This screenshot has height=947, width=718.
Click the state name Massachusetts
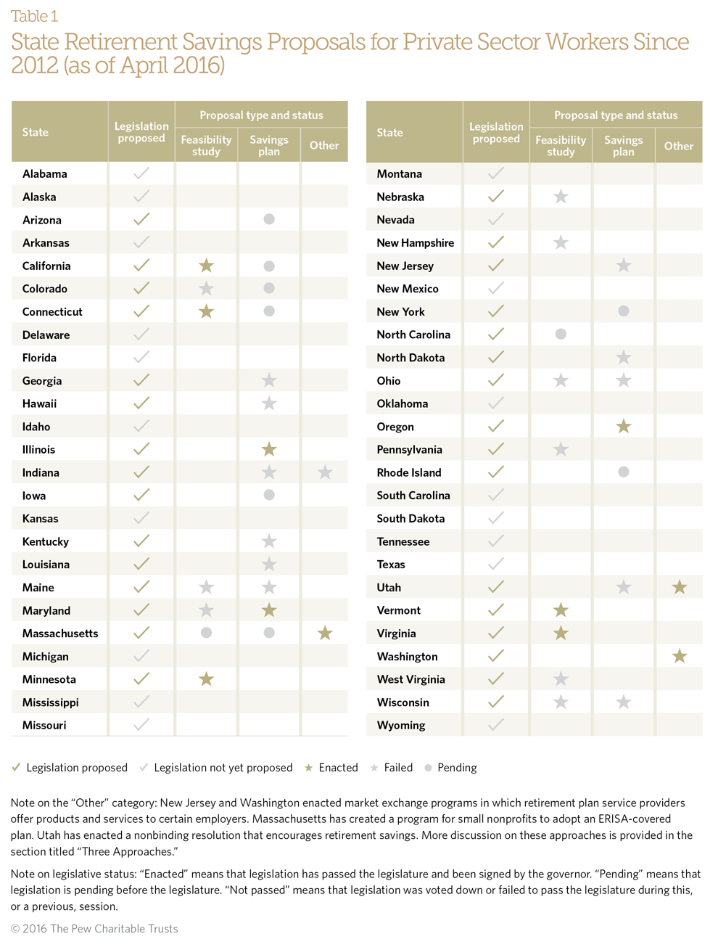[x=60, y=634]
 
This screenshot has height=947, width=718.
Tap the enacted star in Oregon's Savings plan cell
[x=624, y=427]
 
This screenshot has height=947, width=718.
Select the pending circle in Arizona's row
[x=269, y=219]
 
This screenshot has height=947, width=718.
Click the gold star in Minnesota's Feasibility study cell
[x=207, y=679]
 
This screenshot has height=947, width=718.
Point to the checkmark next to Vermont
[x=496, y=610]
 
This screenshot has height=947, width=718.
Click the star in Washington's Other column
[x=680, y=657]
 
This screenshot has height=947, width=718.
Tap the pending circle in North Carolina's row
[x=561, y=335]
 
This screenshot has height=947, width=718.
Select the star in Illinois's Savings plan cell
[x=269, y=449]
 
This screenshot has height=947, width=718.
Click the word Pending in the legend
[x=457, y=768]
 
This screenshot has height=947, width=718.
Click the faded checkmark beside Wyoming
[x=496, y=725]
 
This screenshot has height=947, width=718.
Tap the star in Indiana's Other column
[x=325, y=472]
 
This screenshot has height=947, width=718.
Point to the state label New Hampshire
[x=416, y=243]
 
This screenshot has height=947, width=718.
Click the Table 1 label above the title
[x=34, y=16]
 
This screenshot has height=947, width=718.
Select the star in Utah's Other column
[x=680, y=587]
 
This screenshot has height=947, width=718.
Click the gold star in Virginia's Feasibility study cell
[x=561, y=634]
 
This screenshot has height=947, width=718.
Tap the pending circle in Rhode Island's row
[x=624, y=472]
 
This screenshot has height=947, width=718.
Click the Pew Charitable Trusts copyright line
[x=94, y=929]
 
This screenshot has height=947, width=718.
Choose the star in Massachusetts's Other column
[x=325, y=634]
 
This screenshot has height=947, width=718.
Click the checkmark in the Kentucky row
[x=141, y=541]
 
